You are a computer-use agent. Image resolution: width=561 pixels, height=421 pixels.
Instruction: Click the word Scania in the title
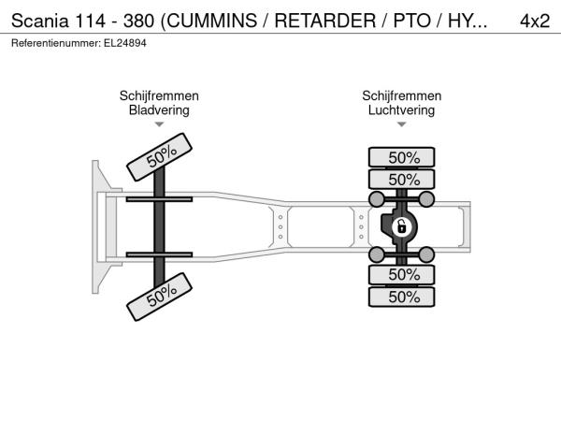point(39,21)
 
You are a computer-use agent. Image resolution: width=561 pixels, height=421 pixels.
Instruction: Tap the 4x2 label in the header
point(535,21)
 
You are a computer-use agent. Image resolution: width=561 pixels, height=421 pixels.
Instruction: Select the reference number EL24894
point(125,43)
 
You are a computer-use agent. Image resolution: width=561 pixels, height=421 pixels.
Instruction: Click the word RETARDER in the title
point(325,21)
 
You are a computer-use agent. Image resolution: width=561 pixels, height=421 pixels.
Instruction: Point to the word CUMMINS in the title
point(212,21)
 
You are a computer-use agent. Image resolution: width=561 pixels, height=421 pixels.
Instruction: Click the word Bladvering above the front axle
point(159,109)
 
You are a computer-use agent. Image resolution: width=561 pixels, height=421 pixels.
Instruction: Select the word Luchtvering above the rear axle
point(401,109)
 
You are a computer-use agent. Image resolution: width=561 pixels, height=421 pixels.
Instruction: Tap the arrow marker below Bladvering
point(159,124)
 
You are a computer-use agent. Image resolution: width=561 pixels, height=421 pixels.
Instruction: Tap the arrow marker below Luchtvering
point(402,124)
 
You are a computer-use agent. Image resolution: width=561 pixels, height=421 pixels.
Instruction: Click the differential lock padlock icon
point(402,226)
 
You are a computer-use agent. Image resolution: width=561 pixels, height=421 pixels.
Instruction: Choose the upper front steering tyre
point(160,157)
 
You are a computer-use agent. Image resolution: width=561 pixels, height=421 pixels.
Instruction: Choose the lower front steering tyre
point(160,297)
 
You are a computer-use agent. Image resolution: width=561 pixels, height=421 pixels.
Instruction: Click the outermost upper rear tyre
point(402,157)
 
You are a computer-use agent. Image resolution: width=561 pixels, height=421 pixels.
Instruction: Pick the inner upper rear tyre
point(402,180)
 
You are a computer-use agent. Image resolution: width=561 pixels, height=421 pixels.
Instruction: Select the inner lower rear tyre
point(402,274)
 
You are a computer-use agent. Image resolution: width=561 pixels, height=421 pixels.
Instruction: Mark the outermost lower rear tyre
point(402,297)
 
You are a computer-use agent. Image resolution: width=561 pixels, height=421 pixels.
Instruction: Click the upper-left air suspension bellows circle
point(377,199)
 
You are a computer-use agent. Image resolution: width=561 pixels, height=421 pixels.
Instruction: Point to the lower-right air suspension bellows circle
point(426,254)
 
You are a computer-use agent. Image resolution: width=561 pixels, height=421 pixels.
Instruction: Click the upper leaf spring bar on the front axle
point(159,199)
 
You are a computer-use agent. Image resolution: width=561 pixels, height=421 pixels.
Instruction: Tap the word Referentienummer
point(56,43)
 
